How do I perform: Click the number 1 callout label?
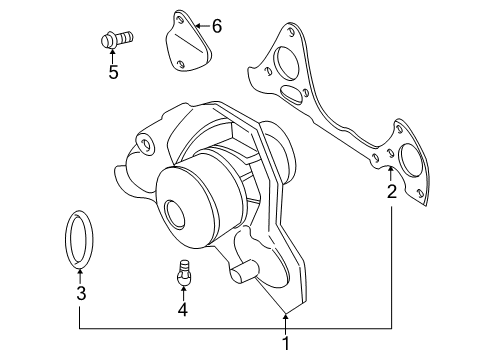[286, 343]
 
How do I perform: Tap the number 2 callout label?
[391, 192]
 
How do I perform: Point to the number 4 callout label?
[183, 309]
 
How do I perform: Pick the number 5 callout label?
[113, 72]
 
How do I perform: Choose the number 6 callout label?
[215, 25]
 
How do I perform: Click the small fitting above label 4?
[183, 271]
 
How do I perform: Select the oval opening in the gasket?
[293, 94]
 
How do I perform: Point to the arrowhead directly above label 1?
[286, 318]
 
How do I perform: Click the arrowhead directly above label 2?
[391, 172]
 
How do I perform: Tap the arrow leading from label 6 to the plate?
[200, 24]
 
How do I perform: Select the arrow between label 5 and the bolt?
[113, 56]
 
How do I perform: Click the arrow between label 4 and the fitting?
[183, 291]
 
